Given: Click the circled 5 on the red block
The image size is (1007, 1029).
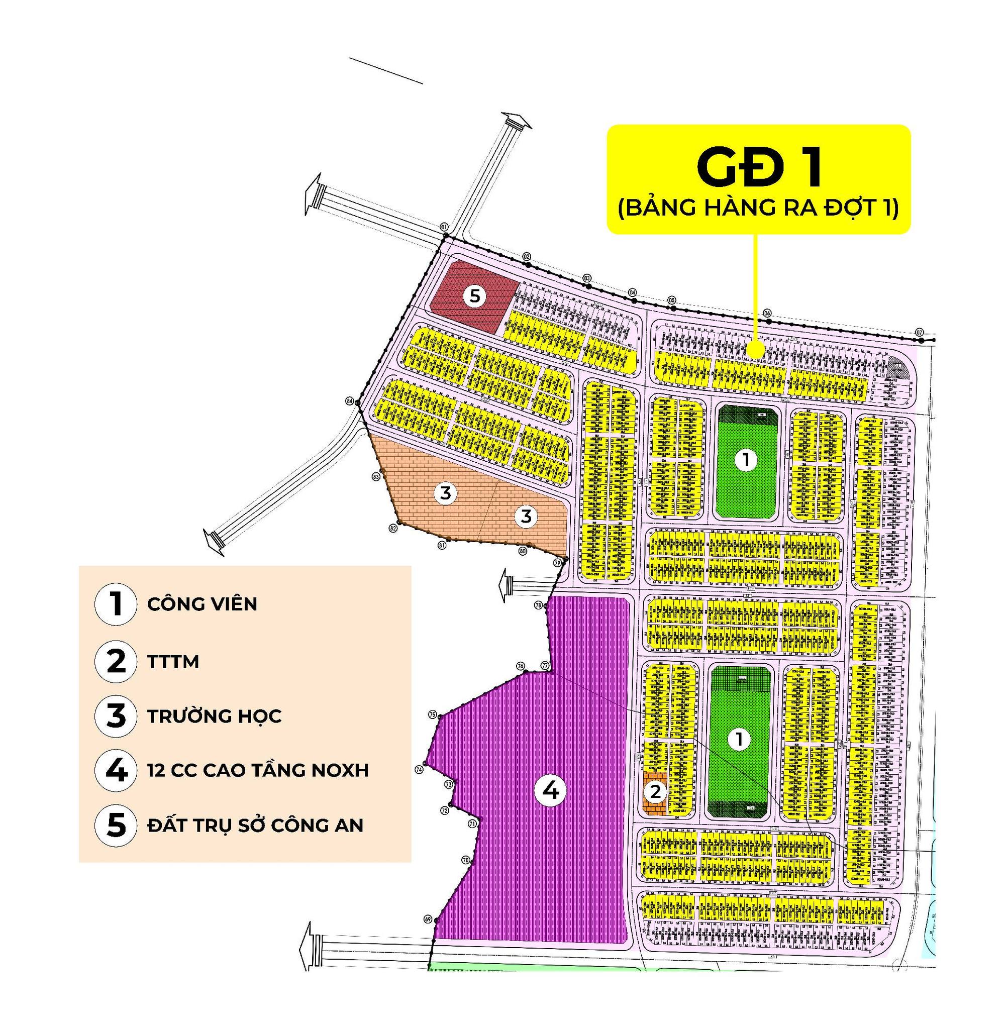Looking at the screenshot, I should pyautogui.click(x=475, y=296).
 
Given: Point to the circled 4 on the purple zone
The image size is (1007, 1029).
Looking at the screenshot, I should pyautogui.click(x=551, y=791).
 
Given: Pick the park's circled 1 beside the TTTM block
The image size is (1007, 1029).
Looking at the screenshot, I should pyautogui.click(x=739, y=740).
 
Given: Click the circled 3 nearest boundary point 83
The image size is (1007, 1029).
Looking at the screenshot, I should pyautogui.click(x=445, y=493).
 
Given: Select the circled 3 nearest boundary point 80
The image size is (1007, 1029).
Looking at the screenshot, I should pyautogui.click(x=526, y=516).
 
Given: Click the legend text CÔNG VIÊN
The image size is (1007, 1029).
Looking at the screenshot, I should pyautogui.click(x=202, y=604).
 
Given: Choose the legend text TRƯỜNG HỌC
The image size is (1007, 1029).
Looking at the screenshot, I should pyautogui.click(x=214, y=716).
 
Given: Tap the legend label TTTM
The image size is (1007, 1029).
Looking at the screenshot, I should pyautogui.click(x=173, y=661).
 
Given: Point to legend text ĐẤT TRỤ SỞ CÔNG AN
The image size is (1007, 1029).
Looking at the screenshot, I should pyautogui.click(x=255, y=826).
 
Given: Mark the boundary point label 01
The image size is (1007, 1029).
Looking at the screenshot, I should pyautogui.click(x=444, y=226).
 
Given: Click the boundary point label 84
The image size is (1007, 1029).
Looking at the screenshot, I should pyautogui.click(x=350, y=401).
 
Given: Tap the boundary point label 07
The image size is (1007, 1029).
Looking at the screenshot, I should pyautogui.click(x=920, y=332).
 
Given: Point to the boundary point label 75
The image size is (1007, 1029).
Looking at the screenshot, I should pyautogui.click(x=432, y=715).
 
